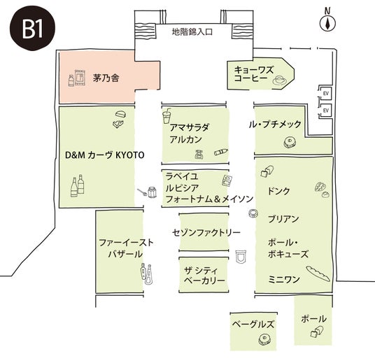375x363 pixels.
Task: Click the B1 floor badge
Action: pyautogui.click(x=32, y=28)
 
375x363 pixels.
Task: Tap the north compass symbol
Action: pyautogui.click(x=327, y=21)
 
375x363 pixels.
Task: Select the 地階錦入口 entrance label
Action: pyautogui.click(x=192, y=31)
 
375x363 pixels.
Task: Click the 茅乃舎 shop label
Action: pyautogui.click(x=106, y=78)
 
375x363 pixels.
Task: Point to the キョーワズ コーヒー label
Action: pyautogui.click(x=253, y=74)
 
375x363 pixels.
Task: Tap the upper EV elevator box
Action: pyautogui.click(x=325, y=93)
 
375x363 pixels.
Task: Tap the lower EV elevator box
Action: pyautogui.click(x=325, y=111)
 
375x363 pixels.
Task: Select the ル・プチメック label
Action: pyautogui.click(x=275, y=124)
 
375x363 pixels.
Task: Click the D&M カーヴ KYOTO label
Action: pyautogui.click(x=105, y=155)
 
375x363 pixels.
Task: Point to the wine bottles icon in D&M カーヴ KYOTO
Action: pyautogui.click(x=78, y=186)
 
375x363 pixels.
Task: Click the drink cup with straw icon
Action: pyautogui.click(x=167, y=116)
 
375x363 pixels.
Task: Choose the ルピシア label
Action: pyautogui.click(x=182, y=188)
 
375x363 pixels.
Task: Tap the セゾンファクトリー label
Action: pyautogui.click(x=206, y=232)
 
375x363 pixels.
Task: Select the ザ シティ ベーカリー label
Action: pyautogui.click(x=205, y=276)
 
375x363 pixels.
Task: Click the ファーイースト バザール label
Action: pyautogui.click(x=126, y=248)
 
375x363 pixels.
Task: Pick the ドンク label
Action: pyautogui.click(x=278, y=191)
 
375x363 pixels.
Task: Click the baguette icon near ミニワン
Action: pyautogui.click(x=318, y=273)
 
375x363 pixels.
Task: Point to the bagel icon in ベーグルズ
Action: pyautogui.click(x=264, y=339)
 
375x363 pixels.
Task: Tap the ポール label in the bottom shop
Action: pyautogui.click(x=313, y=319)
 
